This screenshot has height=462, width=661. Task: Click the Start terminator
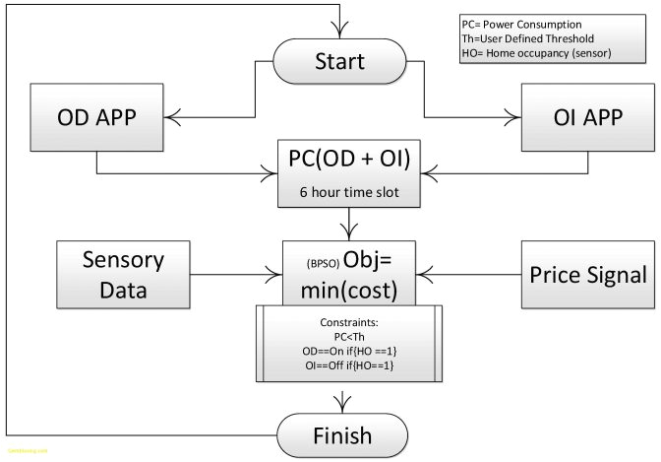click(339, 63)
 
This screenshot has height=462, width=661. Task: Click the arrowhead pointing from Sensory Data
click(275, 273)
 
